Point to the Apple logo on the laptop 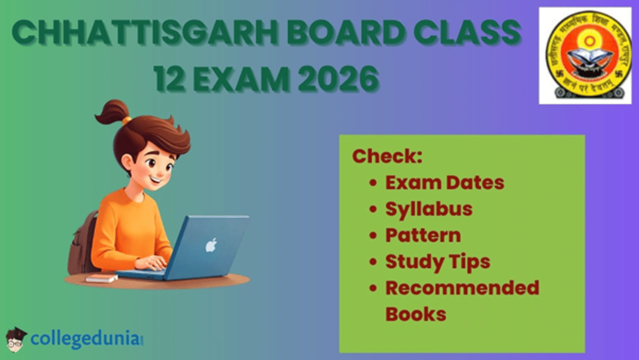(x=211, y=246)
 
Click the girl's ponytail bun (x=110, y=111)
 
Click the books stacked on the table (x=101, y=278)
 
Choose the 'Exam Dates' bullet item (x=444, y=183)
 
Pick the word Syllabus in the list (x=429, y=209)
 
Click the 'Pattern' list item (x=423, y=235)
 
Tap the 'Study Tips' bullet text (x=438, y=261)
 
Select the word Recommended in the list (x=462, y=288)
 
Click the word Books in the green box (x=415, y=313)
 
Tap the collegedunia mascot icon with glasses (x=16, y=339)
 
